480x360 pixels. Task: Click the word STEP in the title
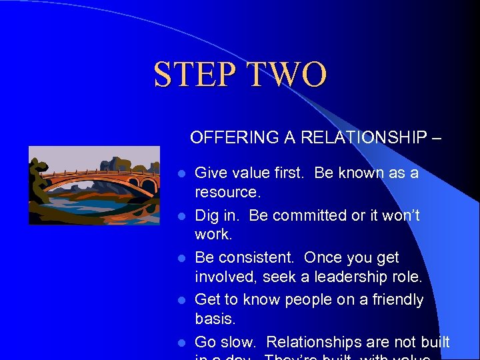coord(194,75)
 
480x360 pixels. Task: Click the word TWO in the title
coord(287,75)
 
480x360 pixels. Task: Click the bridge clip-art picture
coord(95,185)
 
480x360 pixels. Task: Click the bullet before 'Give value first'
coord(180,174)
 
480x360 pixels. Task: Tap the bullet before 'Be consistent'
coord(180,259)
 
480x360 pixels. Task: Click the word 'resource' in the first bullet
coord(226,193)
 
